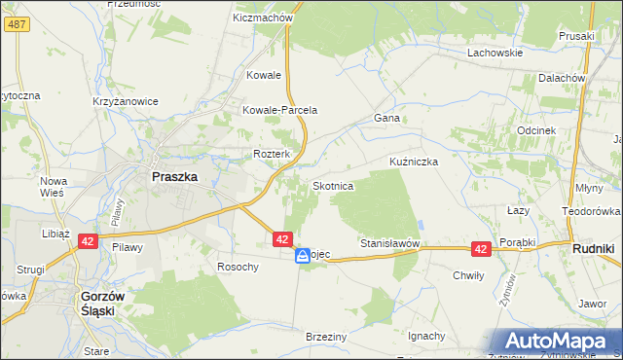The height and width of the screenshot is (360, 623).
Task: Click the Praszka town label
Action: tap(175, 178)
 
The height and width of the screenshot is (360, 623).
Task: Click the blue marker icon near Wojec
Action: tap(303, 255)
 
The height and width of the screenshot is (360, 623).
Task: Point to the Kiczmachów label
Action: tap(264, 18)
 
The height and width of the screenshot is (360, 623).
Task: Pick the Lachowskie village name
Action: tap(495, 53)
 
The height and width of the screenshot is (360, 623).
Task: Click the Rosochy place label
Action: tap(238, 267)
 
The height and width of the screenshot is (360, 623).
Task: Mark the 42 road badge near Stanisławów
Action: tap(480, 250)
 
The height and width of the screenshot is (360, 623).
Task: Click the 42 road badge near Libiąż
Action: tap(87, 241)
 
